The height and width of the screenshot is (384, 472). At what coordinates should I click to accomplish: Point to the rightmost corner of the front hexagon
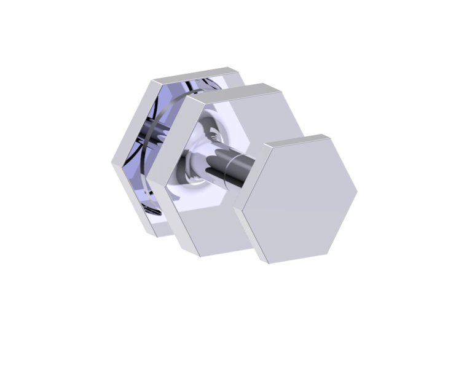(x=357, y=190)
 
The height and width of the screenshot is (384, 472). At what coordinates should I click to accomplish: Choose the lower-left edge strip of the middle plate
(x=169, y=215)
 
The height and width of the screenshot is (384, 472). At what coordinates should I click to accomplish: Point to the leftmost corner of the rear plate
(x=112, y=163)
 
